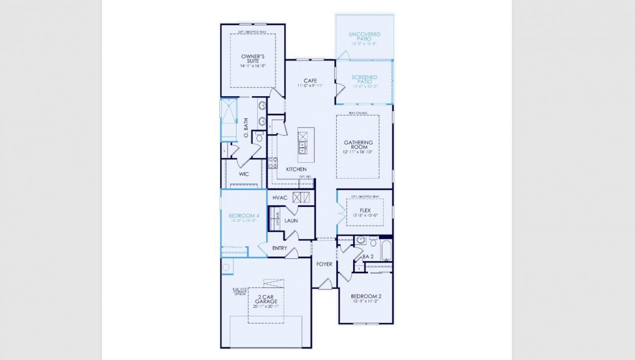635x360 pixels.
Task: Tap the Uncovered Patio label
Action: [x=364, y=36]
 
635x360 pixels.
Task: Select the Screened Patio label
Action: [x=364, y=79]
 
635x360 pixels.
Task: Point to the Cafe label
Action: [x=310, y=81]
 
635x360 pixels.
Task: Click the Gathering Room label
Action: [x=358, y=145]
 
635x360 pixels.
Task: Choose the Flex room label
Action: [x=365, y=211]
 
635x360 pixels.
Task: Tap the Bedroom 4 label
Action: [x=244, y=216]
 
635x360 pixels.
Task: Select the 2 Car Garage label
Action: [x=266, y=299]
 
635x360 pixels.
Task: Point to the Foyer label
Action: [x=324, y=264]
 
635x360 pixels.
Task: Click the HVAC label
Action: [x=280, y=198]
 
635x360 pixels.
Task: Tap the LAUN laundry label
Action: [x=291, y=221]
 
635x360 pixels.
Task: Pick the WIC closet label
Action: [x=244, y=175]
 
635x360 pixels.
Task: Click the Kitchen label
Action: [x=296, y=170]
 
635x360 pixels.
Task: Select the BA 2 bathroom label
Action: [x=368, y=257]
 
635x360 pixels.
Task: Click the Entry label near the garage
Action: [x=279, y=248]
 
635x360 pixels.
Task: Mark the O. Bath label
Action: [x=246, y=127]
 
